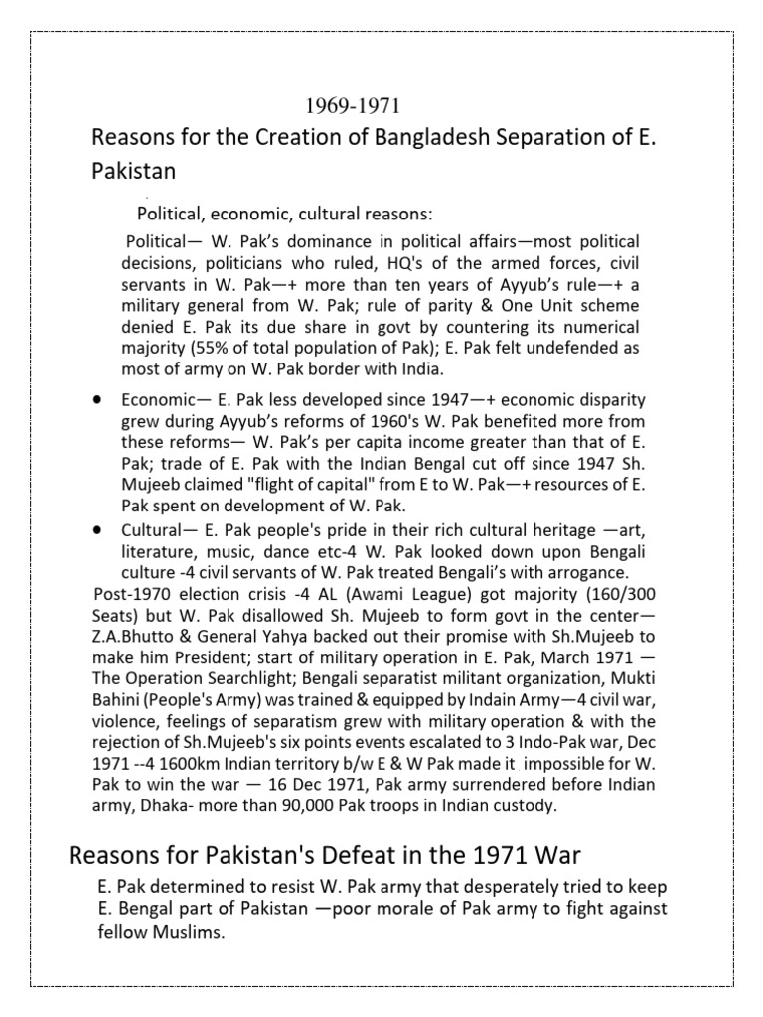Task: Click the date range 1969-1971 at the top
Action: [353, 105]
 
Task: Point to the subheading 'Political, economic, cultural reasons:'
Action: [284, 214]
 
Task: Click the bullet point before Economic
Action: [98, 399]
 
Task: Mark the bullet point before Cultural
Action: [98, 527]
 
